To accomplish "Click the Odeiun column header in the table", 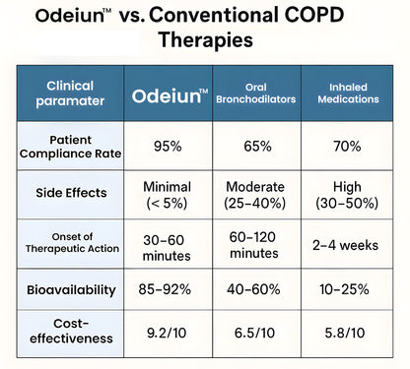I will [x=171, y=96].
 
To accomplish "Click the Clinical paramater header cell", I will [x=72, y=96].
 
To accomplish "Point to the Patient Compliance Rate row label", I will [x=71, y=146].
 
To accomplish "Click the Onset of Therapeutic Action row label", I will [x=71, y=244].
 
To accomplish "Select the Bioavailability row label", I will [x=71, y=291].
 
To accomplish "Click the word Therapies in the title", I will [x=206, y=41].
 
